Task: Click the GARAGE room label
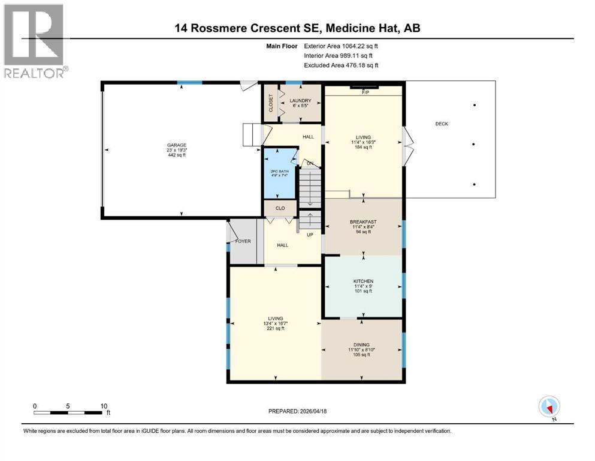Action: (x=177, y=145)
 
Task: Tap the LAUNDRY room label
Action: (x=299, y=100)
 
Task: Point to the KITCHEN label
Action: (x=363, y=282)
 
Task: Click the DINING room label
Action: (x=361, y=344)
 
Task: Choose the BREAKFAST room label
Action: (x=363, y=221)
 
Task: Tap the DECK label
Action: (x=442, y=124)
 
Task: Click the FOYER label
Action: (x=243, y=241)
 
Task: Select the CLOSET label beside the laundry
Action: (x=271, y=103)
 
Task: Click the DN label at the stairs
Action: (x=310, y=163)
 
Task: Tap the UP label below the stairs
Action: (x=310, y=235)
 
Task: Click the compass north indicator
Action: (x=549, y=407)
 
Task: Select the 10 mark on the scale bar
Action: (x=104, y=406)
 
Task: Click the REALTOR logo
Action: (x=34, y=40)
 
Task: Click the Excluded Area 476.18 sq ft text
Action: (x=341, y=65)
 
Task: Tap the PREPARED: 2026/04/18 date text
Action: (x=297, y=411)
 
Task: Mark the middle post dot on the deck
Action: (x=475, y=145)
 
